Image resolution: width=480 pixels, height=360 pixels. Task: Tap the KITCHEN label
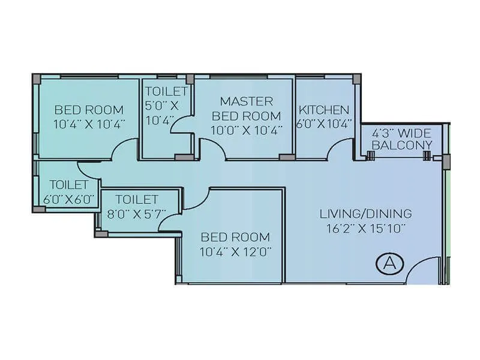pos(324,110)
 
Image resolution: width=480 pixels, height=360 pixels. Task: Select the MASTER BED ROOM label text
pos(246,108)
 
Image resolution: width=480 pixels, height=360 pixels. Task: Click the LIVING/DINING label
pos(365,213)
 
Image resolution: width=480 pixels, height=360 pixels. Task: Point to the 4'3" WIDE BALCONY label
pos(401,139)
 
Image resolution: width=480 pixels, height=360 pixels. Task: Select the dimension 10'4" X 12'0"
pos(235,252)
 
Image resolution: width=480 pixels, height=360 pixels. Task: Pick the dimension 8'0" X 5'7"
pos(137,214)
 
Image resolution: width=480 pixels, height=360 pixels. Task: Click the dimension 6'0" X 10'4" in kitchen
pos(324,125)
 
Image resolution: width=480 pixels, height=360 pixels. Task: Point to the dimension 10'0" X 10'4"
pos(246,130)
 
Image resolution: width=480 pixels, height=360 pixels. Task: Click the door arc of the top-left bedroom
pos(125,148)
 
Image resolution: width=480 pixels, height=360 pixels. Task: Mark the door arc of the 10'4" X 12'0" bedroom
pos(195,199)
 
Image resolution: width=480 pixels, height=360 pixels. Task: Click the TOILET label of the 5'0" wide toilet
pos(166,92)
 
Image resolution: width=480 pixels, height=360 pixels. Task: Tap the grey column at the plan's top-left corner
pos(37,79)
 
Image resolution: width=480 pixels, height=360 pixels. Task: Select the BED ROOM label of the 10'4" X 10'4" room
pos(89,110)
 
